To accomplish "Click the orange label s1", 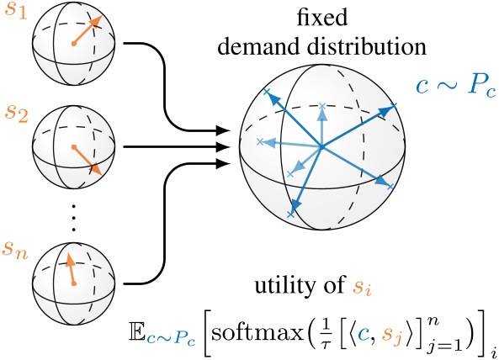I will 15,14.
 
